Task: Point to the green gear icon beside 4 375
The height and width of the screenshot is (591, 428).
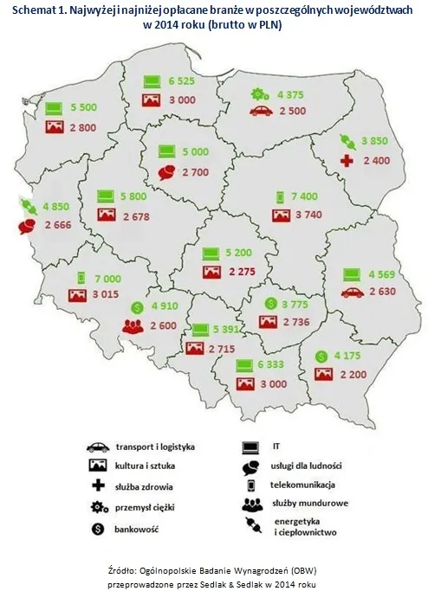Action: (258, 93)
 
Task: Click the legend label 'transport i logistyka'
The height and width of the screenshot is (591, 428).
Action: (152, 446)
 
